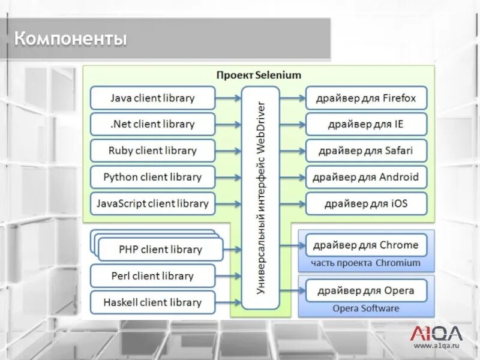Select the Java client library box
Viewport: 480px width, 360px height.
click(x=152, y=98)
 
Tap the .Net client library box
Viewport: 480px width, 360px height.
click(x=152, y=124)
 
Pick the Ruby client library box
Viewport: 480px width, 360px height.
click(x=152, y=151)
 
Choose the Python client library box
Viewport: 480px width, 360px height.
click(x=152, y=177)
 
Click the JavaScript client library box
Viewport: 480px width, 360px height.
click(x=152, y=203)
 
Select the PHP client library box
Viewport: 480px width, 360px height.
click(x=160, y=249)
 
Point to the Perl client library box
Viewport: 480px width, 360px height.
click(x=152, y=276)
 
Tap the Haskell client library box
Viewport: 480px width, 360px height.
click(x=152, y=302)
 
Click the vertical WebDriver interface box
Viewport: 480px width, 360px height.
click(x=261, y=198)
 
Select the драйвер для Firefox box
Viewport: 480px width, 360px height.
click(x=366, y=98)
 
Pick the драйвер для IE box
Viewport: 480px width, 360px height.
click(x=366, y=124)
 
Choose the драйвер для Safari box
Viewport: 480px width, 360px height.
click(x=366, y=151)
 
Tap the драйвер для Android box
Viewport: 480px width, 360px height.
click(x=366, y=177)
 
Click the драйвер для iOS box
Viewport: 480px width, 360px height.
click(x=366, y=203)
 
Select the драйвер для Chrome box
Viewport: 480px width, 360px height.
click(x=366, y=245)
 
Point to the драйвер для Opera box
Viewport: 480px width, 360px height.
click(x=366, y=291)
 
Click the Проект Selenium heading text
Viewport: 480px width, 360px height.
click(x=259, y=75)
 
